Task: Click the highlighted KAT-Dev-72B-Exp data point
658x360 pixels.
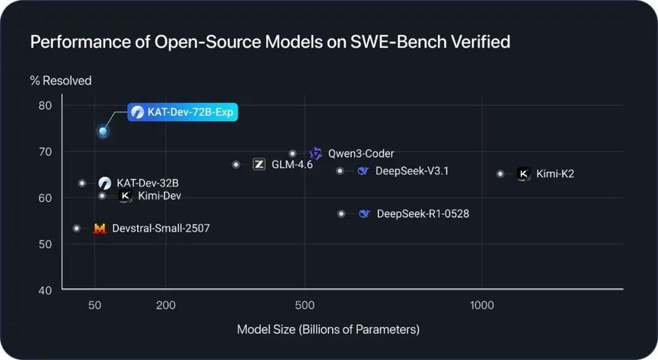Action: pos(103,131)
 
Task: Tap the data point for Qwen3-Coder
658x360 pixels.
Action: pos(292,154)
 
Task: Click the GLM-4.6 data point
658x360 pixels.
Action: pos(236,164)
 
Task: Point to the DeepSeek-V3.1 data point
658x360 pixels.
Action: pos(340,170)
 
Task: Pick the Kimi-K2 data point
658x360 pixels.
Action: pos(500,174)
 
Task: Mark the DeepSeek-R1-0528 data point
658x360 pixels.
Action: pos(341,214)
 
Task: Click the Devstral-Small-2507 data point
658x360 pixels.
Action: pos(76,228)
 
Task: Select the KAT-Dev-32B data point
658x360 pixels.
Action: pos(82,183)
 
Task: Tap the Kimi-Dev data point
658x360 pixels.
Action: pos(103,196)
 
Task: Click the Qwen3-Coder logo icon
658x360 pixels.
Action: pos(316,154)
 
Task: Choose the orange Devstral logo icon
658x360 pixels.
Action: pos(100,228)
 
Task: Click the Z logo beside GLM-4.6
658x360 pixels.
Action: pos(259,164)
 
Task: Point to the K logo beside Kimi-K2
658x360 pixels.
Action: pos(523,174)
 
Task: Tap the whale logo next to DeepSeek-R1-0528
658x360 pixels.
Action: pos(365,214)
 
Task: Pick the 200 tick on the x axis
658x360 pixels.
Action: pos(166,305)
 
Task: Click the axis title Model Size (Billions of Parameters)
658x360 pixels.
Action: pos(328,330)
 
